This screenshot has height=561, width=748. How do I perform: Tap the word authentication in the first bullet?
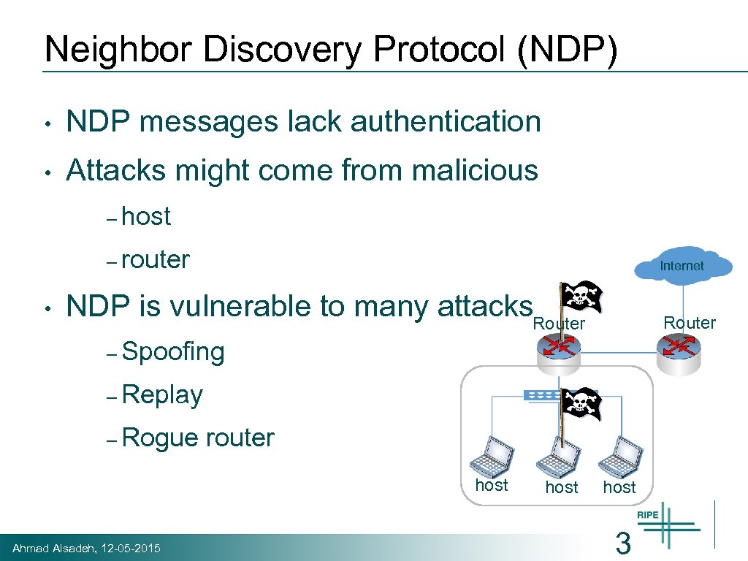[x=446, y=122]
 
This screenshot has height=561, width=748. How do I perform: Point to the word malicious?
[x=475, y=171]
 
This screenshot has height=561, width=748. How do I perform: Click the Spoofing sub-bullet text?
[x=174, y=352]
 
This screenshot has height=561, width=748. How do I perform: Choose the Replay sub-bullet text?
[x=163, y=395]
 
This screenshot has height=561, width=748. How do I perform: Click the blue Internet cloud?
[x=682, y=265]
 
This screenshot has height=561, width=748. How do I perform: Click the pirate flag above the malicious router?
[x=581, y=296]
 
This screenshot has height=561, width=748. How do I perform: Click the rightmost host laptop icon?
[x=619, y=455]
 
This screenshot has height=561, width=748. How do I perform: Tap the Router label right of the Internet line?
[x=690, y=322]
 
